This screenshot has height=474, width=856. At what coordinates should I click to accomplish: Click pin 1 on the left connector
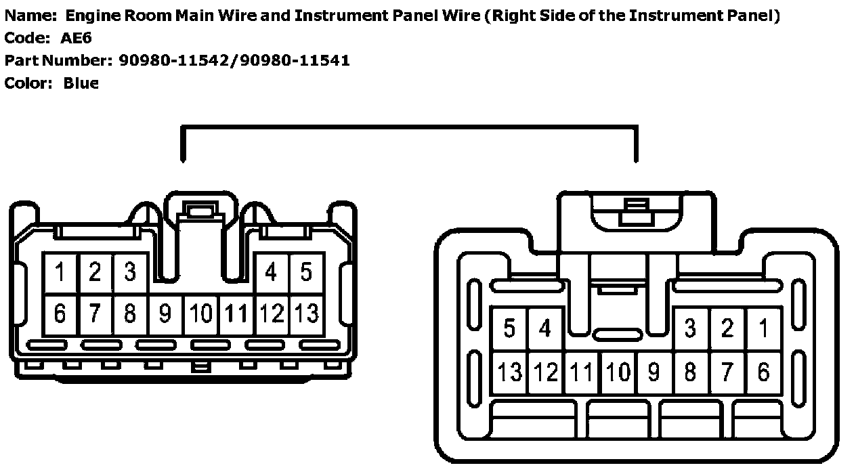60,273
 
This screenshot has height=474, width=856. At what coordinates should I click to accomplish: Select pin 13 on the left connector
307,314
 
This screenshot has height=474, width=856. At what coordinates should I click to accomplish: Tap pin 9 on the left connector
165,314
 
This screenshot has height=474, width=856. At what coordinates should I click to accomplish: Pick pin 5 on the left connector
306,273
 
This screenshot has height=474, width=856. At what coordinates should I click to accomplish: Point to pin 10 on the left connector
201,314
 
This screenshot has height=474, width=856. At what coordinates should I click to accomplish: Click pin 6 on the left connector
60,314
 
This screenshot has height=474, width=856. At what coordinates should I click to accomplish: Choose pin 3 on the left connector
130,273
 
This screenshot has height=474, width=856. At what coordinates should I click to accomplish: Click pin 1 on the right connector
764,329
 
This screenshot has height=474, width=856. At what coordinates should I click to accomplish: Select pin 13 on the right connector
509,372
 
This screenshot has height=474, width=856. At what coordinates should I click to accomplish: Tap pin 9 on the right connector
654,372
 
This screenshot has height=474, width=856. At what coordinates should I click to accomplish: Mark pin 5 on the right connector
509,329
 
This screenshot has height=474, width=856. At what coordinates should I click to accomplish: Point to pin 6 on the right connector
764,372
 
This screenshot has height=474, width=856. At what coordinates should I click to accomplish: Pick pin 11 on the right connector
581,372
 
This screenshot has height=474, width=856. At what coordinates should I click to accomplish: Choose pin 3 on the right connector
690,329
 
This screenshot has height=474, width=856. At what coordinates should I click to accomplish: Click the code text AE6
76,39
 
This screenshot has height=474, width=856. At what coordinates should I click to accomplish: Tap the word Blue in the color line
81,83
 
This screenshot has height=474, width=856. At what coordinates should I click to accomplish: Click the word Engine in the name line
89,16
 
